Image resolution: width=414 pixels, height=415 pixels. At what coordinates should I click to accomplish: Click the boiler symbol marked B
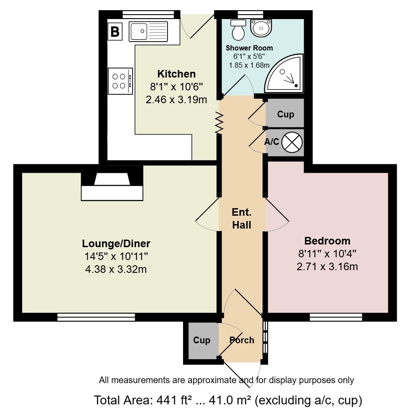pyautogui.click(x=115, y=31)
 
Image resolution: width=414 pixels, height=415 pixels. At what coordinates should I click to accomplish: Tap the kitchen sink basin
pyautogui.click(x=138, y=31)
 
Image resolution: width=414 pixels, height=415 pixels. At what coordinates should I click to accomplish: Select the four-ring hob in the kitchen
pyautogui.click(x=120, y=81)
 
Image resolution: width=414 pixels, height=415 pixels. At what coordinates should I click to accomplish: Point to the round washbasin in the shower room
pyautogui.click(x=261, y=27)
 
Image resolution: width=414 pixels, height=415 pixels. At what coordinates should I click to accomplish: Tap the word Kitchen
pyautogui.click(x=176, y=74)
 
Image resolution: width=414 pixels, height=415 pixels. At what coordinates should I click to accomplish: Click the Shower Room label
pyautogui.click(x=249, y=48)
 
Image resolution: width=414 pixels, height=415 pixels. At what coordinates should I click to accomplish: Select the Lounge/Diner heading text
pyautogui.click(x=116, y=244)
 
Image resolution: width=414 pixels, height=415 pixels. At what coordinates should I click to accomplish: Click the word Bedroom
pyautogui.click(x=327, y=241)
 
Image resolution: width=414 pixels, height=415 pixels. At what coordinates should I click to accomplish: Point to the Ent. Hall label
pyautogui.click(x=242, y=219)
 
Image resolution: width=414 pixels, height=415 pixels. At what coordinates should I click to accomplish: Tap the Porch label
pyautogui.click(x=242, y=340)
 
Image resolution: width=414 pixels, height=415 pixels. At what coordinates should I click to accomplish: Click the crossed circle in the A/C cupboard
pyautogui.click(x=292, y=142)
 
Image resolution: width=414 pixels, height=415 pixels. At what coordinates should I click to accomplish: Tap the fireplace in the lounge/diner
pyautogui.click(x=112, y=183)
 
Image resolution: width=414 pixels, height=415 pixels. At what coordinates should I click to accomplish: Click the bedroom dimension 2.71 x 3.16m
pyautogui.click(x=327, y=267)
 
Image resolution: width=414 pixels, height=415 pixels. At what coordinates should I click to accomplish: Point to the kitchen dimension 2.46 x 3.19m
pyautogui.click(x=176, y=100)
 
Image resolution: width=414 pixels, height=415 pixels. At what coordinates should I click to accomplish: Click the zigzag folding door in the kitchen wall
pyautogui.click(x=219, y=123)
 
